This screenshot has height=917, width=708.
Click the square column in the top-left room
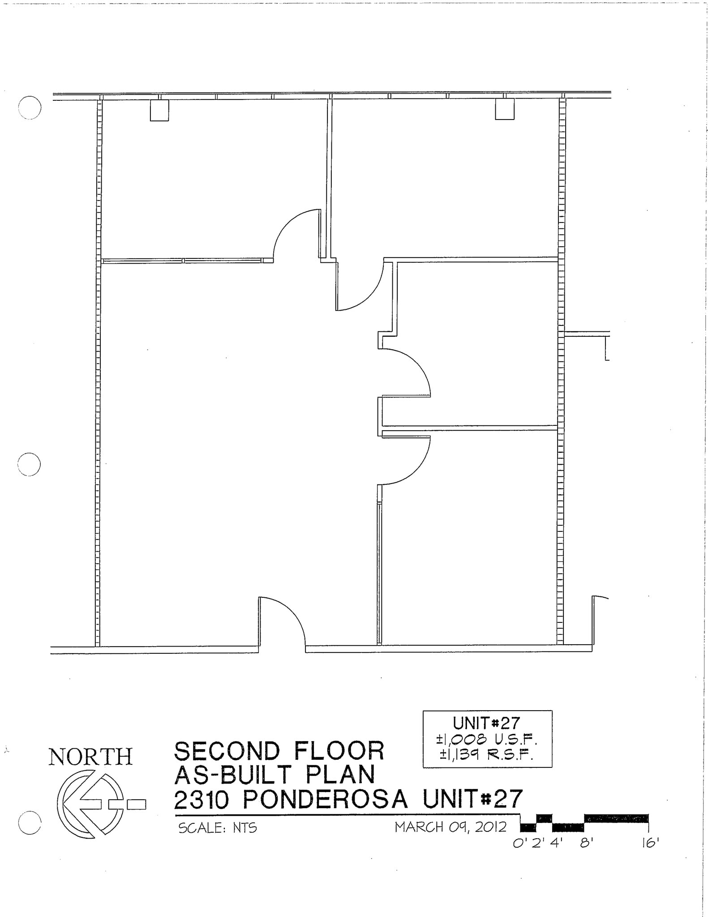pos(159,110)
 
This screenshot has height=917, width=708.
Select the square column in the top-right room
pos(504,109)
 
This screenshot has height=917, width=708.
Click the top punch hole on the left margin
pos(30,108)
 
